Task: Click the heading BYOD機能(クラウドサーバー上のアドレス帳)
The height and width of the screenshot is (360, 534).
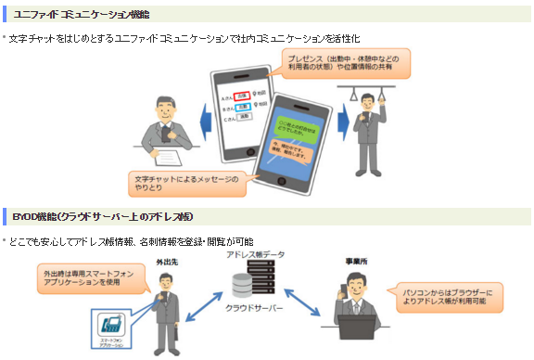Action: (x=103, y=216)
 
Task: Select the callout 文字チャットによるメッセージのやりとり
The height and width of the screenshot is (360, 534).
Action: (x=185, y=183)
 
